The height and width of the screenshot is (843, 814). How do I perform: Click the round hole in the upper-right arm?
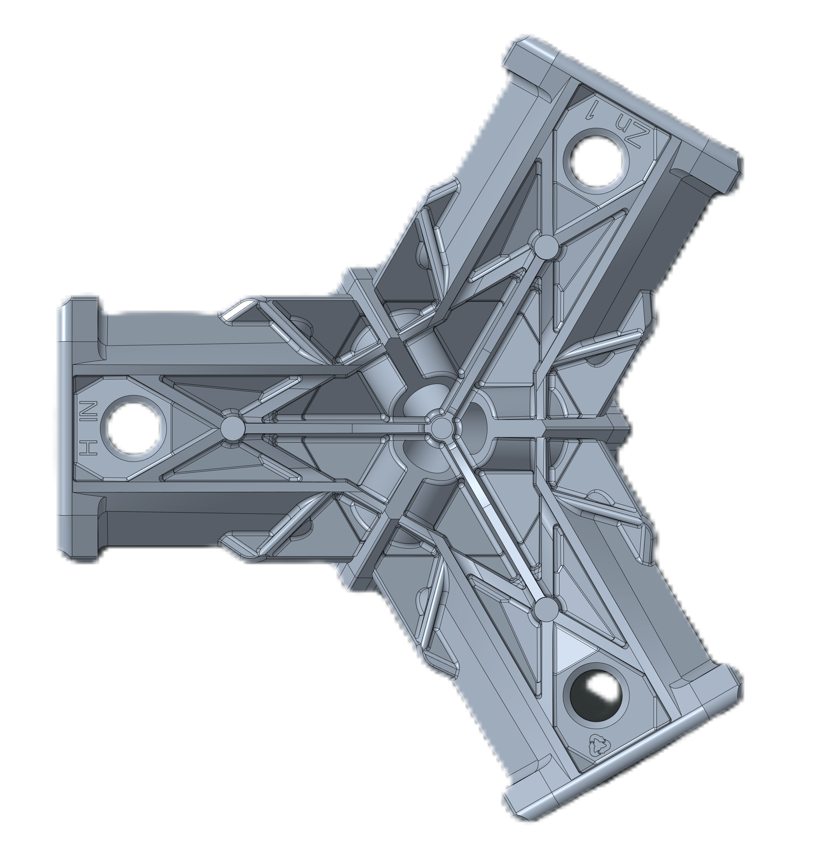[596, 161]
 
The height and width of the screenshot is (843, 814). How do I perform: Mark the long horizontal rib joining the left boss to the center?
[335, 428]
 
